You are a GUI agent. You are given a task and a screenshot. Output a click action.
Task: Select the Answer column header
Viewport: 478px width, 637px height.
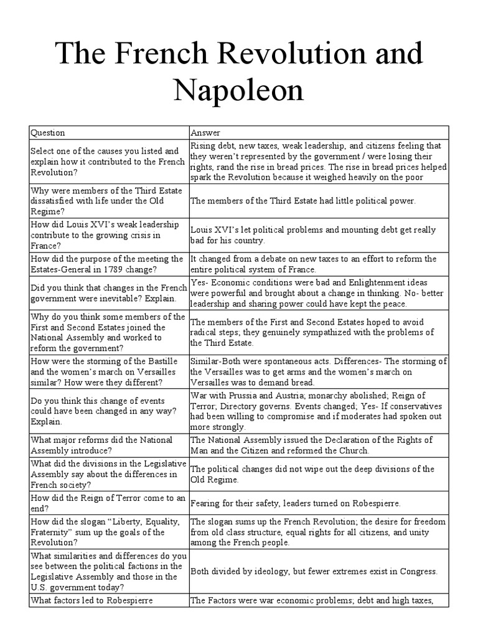(205, 133)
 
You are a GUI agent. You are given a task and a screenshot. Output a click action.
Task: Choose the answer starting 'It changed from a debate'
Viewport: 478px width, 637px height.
(313, 264)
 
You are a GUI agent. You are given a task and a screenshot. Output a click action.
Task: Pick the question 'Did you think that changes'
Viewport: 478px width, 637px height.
(106, 292)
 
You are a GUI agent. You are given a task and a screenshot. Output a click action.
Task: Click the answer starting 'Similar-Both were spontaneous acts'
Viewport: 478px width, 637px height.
(317, 373)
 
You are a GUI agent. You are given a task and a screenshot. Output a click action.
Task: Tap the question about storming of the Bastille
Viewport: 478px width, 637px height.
(107, 373)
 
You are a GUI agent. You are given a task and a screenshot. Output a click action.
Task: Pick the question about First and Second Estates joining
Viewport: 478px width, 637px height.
(106, 333)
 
